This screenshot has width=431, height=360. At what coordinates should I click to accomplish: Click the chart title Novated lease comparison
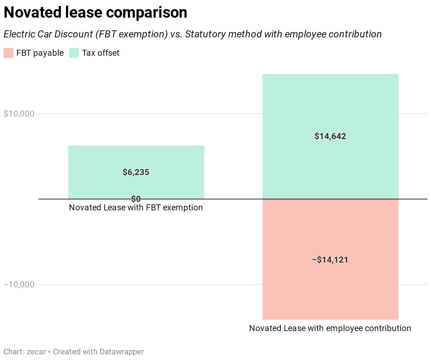point(95,13)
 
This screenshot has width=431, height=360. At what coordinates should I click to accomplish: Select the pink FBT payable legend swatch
point(8,53)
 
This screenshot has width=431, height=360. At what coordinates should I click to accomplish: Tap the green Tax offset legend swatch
point(74,53)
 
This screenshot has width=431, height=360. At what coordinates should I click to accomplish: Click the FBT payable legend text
point(40,53)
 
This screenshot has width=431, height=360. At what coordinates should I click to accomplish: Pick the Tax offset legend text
point(101,53)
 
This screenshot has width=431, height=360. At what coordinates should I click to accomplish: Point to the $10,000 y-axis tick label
point(19,114)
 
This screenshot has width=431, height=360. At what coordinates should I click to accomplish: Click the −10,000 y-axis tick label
point(19,284)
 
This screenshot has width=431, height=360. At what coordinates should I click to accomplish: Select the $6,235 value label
point(136,172)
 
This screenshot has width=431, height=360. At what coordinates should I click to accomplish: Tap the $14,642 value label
point(330,136)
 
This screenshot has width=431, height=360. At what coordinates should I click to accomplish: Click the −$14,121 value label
point(330,260)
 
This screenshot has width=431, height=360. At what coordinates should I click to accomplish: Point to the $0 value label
point(136,199)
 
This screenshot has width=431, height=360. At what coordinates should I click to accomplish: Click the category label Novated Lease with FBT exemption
point(136,208)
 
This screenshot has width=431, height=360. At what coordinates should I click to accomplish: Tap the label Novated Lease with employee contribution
point(330,328)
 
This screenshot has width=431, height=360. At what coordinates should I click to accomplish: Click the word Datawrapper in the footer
point(122,352)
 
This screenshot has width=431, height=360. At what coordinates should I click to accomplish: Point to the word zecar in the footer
point(36,352)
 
